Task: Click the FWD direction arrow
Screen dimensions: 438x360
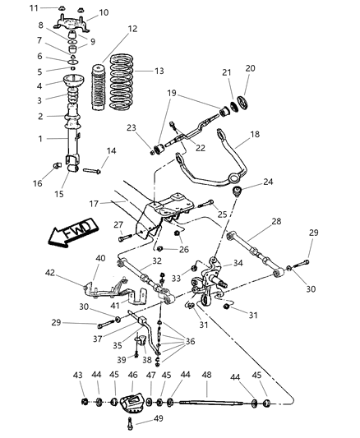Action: point(70,233)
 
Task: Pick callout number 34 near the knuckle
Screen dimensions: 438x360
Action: point(238,263)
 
